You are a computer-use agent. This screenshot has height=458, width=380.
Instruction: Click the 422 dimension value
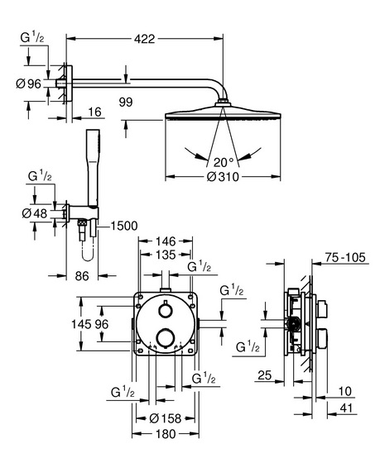pos(145,39)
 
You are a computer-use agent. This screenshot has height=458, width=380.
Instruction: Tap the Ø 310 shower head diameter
pos(223,177)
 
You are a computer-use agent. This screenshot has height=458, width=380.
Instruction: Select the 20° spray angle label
pos(224,162)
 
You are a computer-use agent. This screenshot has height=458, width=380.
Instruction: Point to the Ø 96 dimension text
pos(29,84)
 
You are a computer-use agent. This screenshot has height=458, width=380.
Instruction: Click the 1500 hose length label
pos(124,226)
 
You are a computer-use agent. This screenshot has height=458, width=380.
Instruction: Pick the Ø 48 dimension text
pos(35,213)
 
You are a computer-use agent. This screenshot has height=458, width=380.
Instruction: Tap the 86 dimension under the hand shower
pos(82,276)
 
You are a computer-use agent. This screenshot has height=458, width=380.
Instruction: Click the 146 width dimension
pos(166,241)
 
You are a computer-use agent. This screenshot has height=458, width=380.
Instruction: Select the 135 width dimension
pos(166,255)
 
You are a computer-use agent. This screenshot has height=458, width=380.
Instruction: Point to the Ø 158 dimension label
pos(166,418)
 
